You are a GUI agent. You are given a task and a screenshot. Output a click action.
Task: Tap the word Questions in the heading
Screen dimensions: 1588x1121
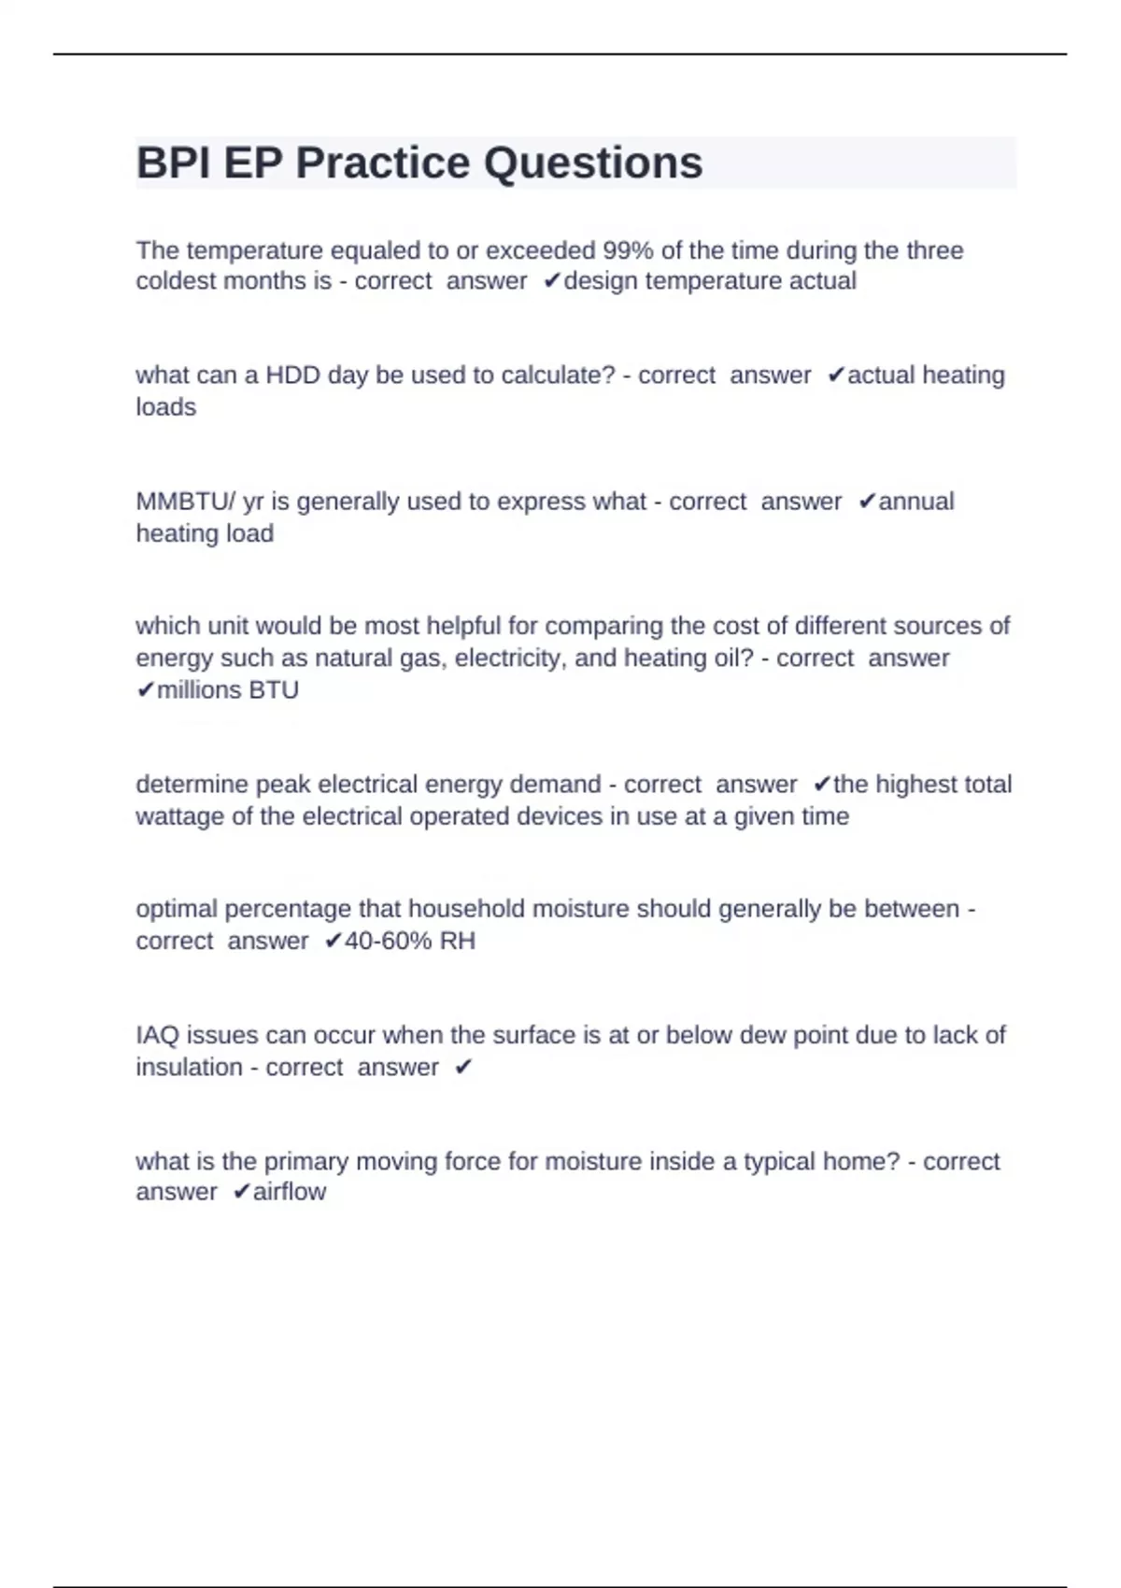[x=592, y=163]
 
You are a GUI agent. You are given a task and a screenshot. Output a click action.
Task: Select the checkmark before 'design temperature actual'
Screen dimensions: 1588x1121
[x=551, y=281]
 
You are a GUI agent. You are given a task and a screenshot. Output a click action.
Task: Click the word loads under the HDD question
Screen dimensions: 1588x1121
[x=165, y=407]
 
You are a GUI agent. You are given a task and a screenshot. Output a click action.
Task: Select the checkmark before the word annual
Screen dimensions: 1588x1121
[x=866, y=502]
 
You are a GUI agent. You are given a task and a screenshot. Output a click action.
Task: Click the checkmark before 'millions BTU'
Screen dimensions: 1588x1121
[x=145, y=690]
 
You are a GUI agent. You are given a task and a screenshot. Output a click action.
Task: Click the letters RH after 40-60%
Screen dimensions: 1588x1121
[x=458, y=941]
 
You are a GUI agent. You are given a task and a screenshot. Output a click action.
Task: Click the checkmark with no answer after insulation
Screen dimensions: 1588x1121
[x=463, y=1068]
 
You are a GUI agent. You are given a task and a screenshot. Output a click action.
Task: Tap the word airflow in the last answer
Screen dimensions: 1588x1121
[x=290, y=1192]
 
